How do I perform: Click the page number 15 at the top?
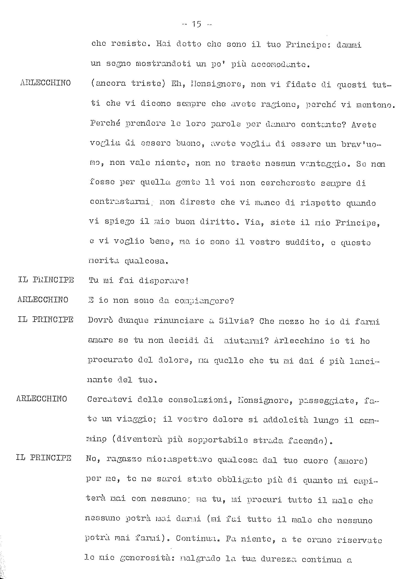pyautogui.click(x=196, y=24)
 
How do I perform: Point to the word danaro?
pyautogui.click(x=280, y=124)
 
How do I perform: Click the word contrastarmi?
pyautogui.click(x=120, y=202)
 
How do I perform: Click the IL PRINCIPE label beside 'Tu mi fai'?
pyautogui.click(x=46, y=280)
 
